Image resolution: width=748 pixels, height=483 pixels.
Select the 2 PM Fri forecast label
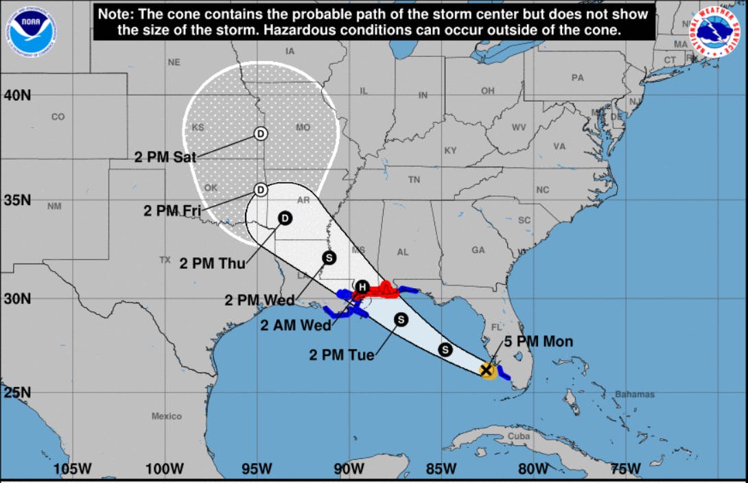click(172, 211)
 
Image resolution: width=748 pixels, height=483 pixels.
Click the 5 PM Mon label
click(539, 342)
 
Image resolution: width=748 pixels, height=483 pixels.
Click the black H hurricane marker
click(362, 287)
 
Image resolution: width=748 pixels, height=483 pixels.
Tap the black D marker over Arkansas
click(285, 219)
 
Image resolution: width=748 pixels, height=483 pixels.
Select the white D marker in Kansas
click(261, 133)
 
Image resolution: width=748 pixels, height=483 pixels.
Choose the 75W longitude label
click(626, 469)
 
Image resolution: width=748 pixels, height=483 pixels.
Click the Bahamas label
click(635, 394)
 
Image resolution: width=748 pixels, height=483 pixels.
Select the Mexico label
click(167, 416)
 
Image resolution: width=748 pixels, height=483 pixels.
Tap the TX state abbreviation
click(165, 260)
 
